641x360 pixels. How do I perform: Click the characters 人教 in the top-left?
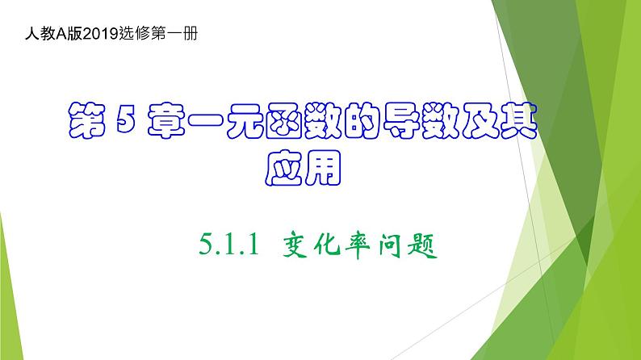point(39,35)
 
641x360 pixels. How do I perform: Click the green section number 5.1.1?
point(227,245)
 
